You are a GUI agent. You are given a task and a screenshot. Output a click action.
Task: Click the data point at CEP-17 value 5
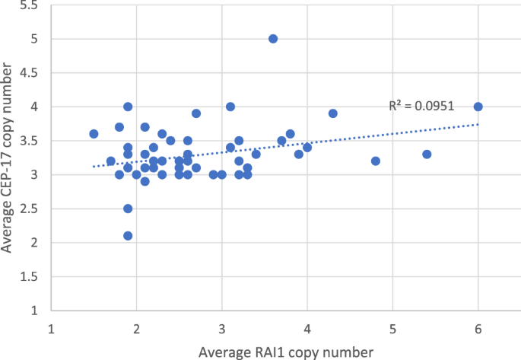(x=273, y=39)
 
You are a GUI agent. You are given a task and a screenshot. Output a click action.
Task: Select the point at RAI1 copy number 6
(x=478, y=107)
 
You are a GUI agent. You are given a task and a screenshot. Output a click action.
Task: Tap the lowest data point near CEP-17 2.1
(x=128, y=236)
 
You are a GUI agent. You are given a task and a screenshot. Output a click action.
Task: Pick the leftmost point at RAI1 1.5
(x=94, y=134)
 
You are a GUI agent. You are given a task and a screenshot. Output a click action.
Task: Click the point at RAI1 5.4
(x=427, y=155)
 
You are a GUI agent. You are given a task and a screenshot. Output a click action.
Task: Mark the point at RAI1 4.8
(x=376, y=161)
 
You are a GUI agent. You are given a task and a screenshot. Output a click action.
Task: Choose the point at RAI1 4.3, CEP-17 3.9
(x=332, y=113)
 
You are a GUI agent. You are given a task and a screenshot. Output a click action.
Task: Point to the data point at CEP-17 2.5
(x=128, y=209)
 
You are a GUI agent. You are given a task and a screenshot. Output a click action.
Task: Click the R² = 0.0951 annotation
(x=421, y=107)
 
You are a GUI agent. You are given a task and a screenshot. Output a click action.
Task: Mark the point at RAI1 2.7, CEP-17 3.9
(x=196, y=113)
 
